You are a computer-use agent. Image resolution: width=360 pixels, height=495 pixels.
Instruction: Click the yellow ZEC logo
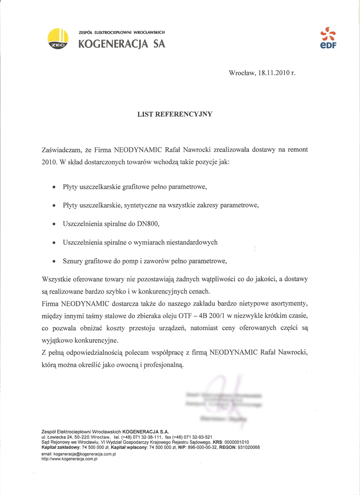(x=58, y=39)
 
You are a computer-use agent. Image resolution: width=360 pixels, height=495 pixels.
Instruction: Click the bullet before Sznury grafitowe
(x=53, y=262)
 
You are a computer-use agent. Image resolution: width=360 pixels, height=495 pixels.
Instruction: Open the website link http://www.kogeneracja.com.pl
(x=69, y=459)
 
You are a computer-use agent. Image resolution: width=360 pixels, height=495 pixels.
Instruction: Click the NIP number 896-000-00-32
(x=199, y=447)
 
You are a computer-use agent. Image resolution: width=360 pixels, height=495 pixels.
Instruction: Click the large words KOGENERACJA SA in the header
(x=122, y=44)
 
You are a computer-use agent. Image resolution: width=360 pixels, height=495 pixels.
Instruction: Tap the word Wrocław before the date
(x=241, y=73)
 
